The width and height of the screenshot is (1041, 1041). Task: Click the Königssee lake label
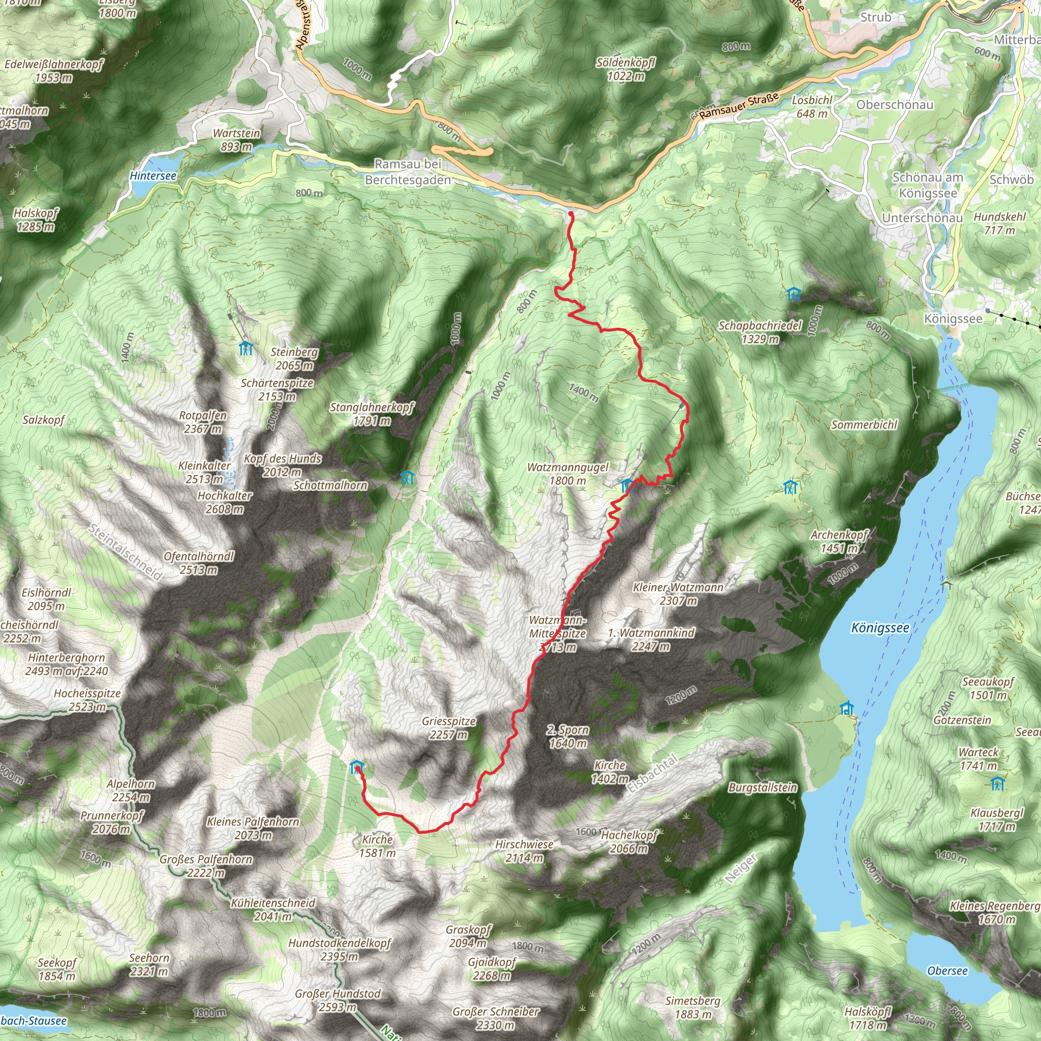tap(880, 628)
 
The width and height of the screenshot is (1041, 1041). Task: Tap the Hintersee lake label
tap(153, 176)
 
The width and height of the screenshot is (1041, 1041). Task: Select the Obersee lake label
tap(947, 971)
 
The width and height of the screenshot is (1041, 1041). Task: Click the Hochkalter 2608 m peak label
tap(224, 502)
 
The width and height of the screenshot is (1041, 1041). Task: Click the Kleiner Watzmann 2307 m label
tap(679, 593)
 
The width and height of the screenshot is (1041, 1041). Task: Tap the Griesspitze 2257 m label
tap(449, 727)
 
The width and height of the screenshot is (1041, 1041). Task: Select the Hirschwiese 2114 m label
tap(524, 851)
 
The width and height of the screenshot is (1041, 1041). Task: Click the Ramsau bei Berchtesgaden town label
tap(408, 172)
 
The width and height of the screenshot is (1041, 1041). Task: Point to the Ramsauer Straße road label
tap(739, 106)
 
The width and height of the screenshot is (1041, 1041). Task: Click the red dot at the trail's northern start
tap(570, 214)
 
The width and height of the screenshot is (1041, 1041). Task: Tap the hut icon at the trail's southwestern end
tap(356, 767)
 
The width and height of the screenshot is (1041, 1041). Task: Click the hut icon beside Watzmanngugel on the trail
tap(626, 485)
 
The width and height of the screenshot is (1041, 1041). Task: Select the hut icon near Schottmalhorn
tap(407, 477)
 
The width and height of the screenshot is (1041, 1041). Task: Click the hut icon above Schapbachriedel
tap(793, 294)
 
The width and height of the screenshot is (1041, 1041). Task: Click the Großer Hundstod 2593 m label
tap(338, 1000)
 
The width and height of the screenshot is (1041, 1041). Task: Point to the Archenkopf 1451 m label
tap(839, 541)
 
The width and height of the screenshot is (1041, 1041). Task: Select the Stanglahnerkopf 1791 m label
tap(372, 414)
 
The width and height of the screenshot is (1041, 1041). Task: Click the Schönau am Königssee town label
tap(928, 185)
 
